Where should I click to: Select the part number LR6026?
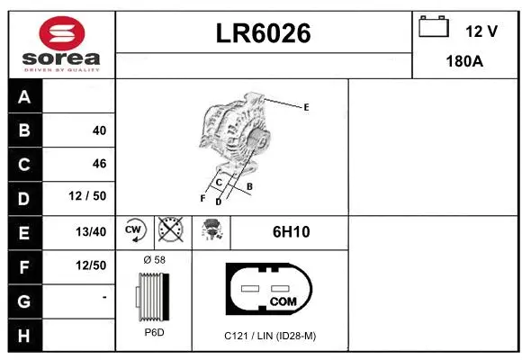point(263,33)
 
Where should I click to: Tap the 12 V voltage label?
point(481,31)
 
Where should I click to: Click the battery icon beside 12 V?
point(433,27)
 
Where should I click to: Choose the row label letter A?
point(24,97)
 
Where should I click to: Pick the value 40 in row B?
point(99,130)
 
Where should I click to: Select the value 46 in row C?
point(99,164)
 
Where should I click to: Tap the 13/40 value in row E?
point(92,231)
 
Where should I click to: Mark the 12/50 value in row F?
point(92,265)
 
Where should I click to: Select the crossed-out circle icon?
point(170,231)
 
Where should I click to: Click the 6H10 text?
point(291,231)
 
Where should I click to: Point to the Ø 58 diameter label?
point(154,260)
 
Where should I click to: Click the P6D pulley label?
point(154,332)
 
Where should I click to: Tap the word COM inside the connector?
point(283,301)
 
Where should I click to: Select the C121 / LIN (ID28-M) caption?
point(270,336)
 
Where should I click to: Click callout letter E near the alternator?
point(306,107)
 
